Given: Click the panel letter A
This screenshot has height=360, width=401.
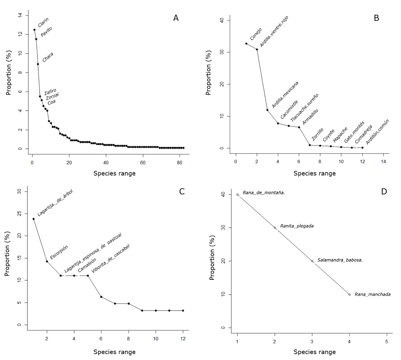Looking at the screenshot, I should (x=176, y=18).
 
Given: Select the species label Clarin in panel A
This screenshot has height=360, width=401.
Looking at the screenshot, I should (x=43, y=22).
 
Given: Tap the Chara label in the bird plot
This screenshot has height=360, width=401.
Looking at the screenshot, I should (x=48, y=57).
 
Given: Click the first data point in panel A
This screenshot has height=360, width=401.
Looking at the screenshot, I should (x=34, y=30).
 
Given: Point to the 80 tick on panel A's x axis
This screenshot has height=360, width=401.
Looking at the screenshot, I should (x=179, y=163).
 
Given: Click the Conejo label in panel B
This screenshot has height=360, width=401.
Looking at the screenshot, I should (x=256, y=34).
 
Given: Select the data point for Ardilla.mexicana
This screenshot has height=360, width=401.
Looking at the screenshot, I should (x=267, y=110).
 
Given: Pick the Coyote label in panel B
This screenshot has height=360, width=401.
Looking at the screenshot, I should (x=328, y=135).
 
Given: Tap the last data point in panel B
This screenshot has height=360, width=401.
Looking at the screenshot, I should (x=362, y=148).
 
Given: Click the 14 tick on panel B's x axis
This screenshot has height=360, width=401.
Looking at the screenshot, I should (x=383, y=161).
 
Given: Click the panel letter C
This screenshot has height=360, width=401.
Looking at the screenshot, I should (x=182, y=191).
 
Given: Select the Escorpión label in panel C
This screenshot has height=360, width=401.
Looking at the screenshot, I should (x=59, y=252).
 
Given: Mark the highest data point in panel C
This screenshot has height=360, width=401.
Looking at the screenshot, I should (x=33, y=219).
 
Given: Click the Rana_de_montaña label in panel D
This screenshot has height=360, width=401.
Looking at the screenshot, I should (x=264, y=193).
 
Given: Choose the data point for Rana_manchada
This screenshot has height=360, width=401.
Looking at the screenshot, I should (x=349, y=294).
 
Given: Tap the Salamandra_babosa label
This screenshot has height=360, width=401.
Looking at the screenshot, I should (x=340, y=260).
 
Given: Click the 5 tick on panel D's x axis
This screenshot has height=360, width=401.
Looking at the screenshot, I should (x=387, y=342).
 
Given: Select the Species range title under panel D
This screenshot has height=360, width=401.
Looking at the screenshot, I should (x=314, y=352).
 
